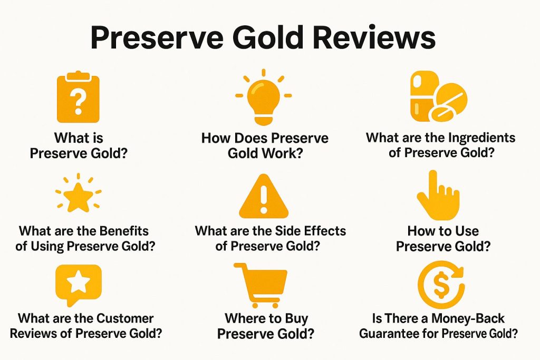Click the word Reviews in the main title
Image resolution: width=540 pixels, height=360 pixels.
click(374, 37)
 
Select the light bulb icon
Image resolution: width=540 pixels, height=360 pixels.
click(264, 97)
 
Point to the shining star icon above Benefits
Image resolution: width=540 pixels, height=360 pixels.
click(79, 193)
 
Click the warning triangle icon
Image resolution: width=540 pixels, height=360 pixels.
click(264, 196)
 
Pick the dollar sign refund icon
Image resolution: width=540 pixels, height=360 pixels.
click(441, 284)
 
